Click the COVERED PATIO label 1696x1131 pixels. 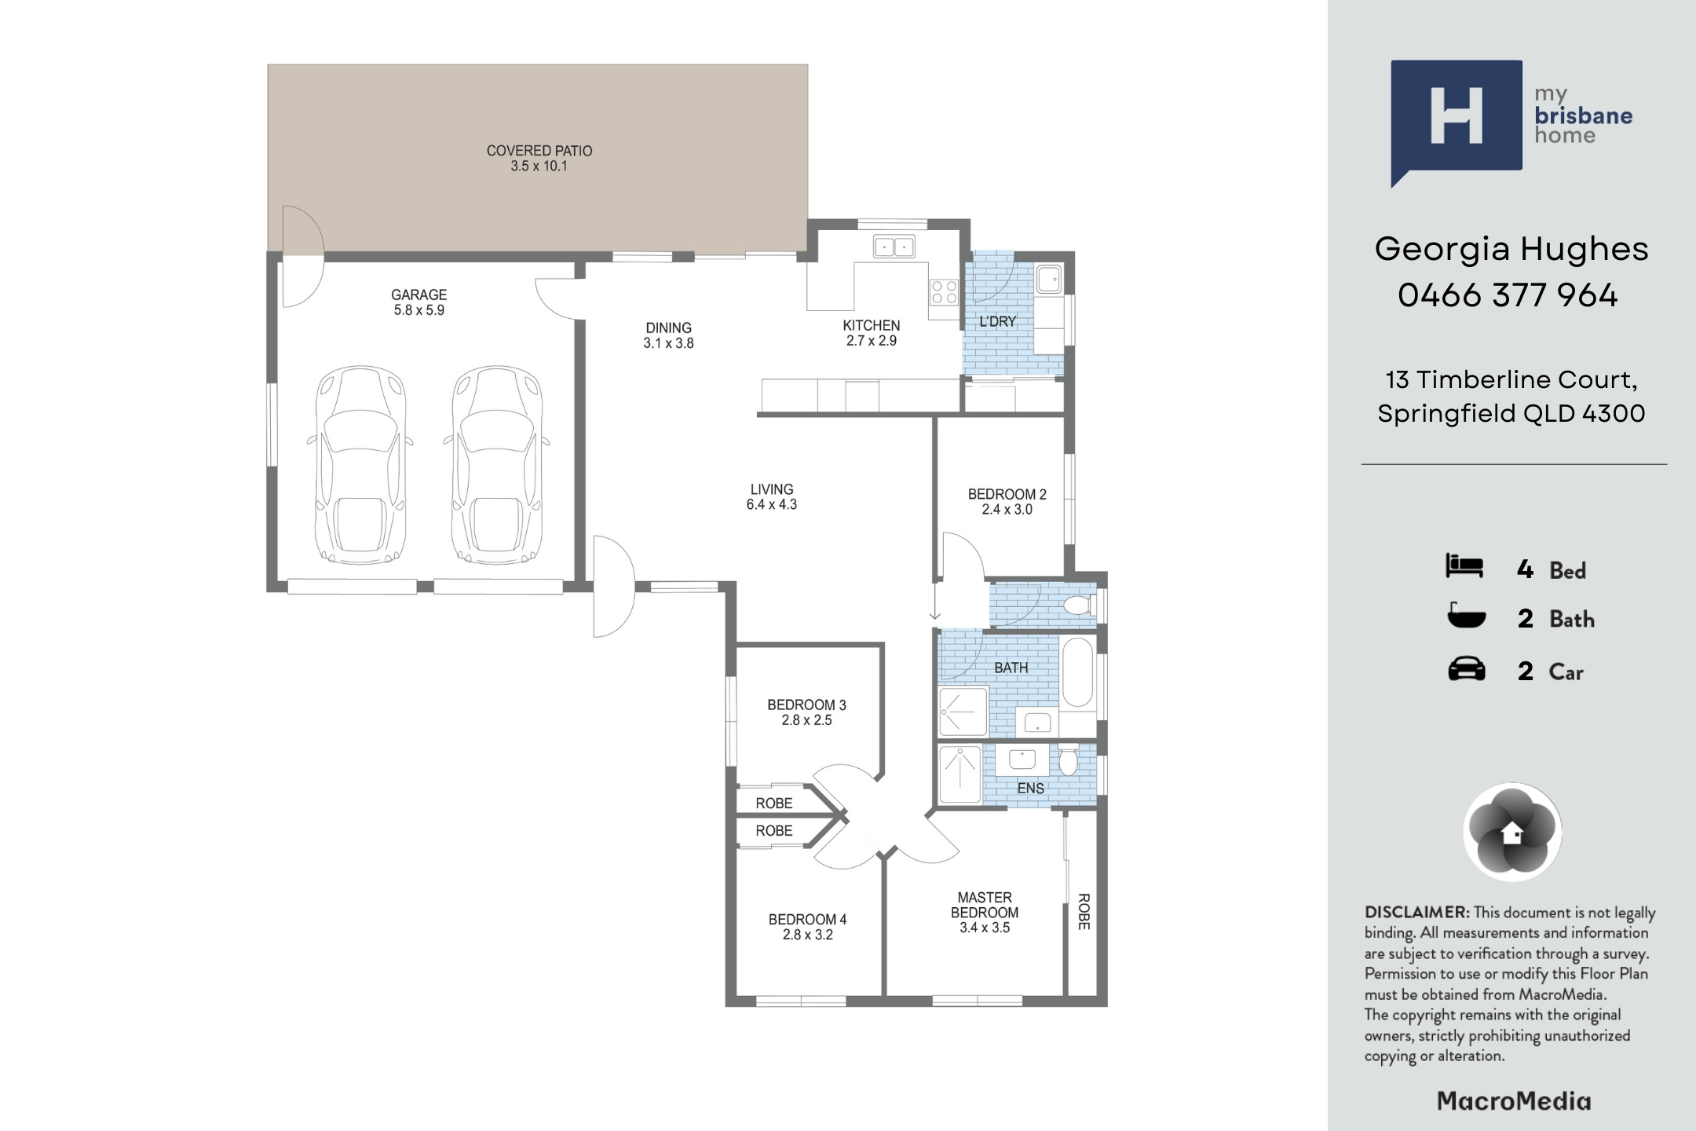[539, 151]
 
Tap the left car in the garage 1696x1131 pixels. [361, 465]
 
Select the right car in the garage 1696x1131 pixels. [496, 465]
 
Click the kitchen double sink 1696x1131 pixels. [894, 247]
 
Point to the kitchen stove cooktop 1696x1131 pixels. [944, 292]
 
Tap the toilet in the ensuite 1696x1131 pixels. [1069, 760]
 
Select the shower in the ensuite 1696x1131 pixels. [960, 774]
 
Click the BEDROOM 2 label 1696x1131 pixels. [1007, 495]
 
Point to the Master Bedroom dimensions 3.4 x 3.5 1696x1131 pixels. [985, 928]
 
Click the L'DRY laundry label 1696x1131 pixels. [998, 321]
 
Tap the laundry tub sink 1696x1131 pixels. [1048, 279]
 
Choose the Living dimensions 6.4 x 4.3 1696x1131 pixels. [772, 505]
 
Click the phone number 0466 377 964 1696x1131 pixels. [1508, 295]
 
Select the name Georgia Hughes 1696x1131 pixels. [1511, 250]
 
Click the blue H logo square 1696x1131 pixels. [1457, 115]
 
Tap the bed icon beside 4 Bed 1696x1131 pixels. [1464, 566]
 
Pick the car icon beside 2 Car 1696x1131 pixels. [1466, 670]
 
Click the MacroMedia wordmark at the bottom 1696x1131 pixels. [1514, 1101]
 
